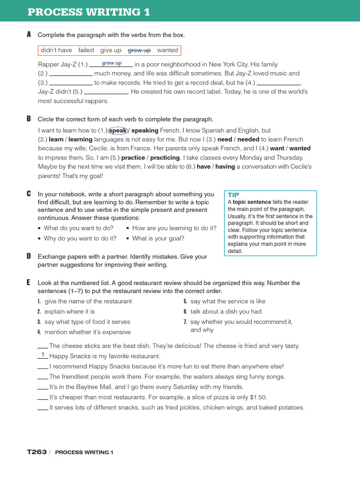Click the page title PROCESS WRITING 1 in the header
click(89, 12)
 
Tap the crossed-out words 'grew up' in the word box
click(139, 50)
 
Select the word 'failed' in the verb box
click(86, 50)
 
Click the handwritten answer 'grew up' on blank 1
click(112, 63)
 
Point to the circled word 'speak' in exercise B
click(118, 130)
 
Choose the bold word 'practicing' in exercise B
click(165, 157)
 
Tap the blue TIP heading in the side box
click(233, 195)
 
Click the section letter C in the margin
click(29, 194)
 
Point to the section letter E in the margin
click(29, 282)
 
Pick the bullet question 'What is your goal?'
click(158, 238)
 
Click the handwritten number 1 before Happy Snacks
click(43, 355)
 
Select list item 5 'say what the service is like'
click(228, 301)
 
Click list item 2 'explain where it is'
click(69, 312)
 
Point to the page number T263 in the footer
click(37, 452)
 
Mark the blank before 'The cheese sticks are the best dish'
click(42, 346)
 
